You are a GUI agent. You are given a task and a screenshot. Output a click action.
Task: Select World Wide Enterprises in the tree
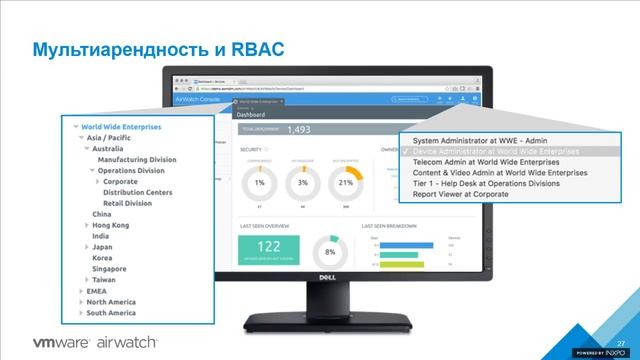coord(121,127)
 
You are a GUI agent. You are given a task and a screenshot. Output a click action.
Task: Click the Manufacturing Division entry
coord(137,159)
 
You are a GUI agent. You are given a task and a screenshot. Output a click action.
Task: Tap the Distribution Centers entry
coord(137,192)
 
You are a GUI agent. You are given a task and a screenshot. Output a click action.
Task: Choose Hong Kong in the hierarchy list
coord(110,225)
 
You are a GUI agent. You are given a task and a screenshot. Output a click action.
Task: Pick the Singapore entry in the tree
coord(109,269)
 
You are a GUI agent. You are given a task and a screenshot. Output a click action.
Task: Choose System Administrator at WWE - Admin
coord(479,140)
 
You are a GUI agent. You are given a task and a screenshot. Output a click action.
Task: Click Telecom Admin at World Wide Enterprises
coord(486,161)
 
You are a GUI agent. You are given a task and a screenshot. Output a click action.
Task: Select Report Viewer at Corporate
coord(460,194)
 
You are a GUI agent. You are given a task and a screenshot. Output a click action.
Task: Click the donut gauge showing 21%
coord(347,183)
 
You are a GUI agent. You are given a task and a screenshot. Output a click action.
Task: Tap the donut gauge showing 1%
coord(259,183)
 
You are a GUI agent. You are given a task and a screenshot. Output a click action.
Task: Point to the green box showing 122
coord(269,248)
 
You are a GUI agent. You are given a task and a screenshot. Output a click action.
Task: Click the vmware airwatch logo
coord(96,342)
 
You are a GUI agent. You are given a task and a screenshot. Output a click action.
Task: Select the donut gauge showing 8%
coord(330,252)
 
